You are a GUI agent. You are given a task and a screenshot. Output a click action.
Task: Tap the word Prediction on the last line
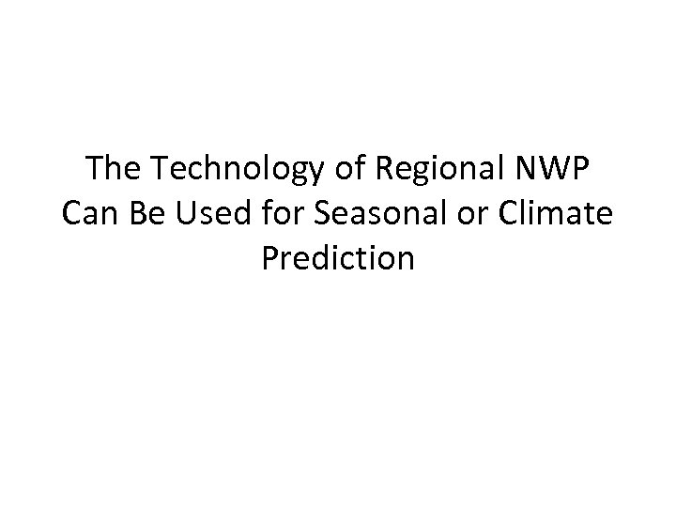tap(338, 257)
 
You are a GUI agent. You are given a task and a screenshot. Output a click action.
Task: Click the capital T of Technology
tap(158, 171)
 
